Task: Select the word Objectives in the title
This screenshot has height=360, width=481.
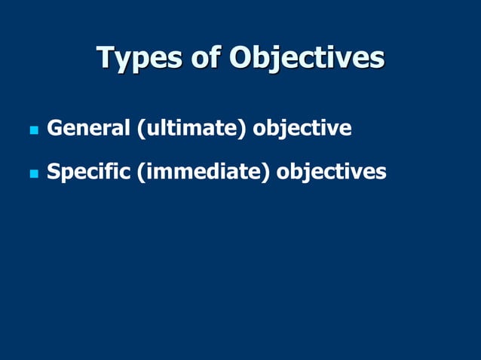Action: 307,58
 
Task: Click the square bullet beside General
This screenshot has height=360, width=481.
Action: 32,130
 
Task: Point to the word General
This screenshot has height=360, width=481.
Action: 88,129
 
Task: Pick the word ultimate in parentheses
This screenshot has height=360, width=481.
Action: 191,129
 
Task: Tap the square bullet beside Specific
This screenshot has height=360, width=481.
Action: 32,174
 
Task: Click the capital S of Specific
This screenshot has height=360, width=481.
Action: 54,172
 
